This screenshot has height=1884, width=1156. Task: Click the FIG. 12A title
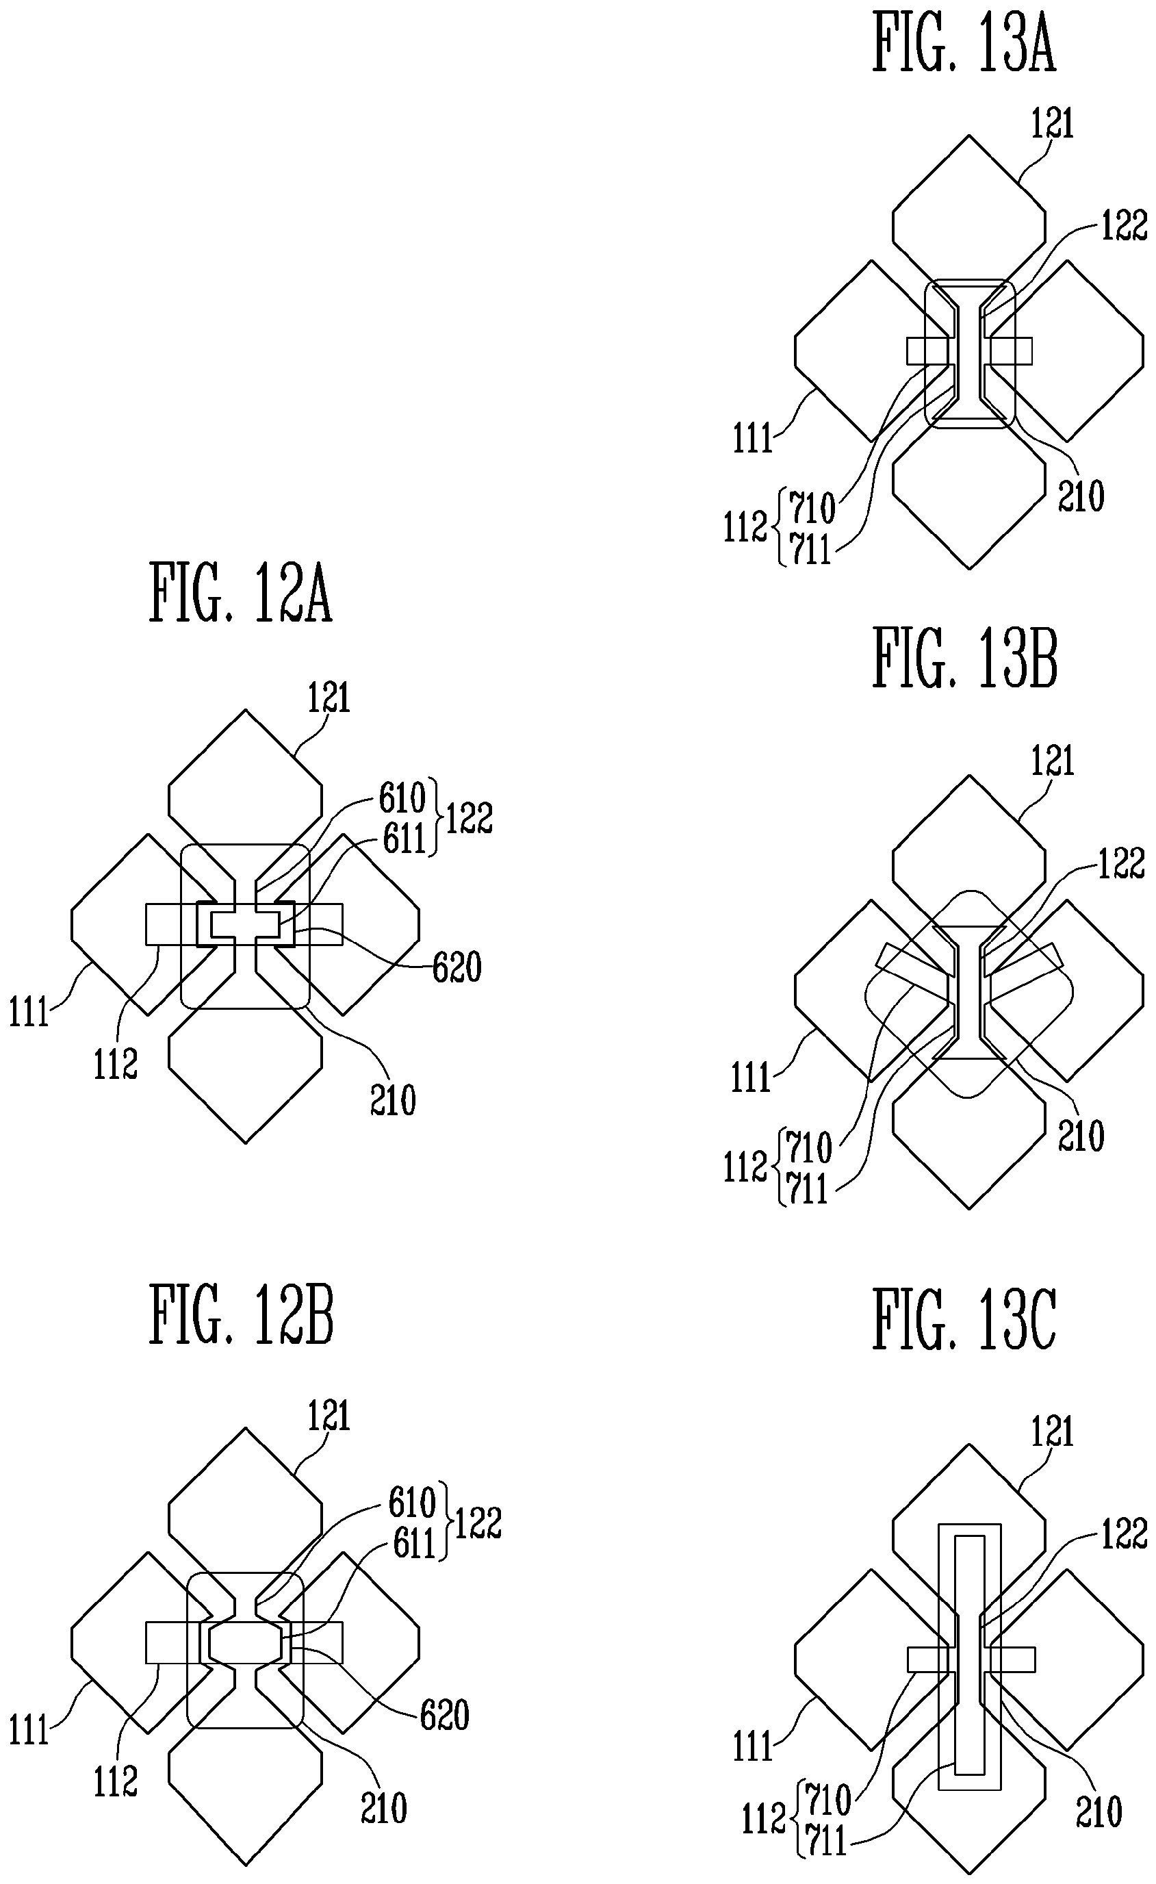tap(241, 593)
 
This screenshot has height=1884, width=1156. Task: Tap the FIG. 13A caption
tap(964, 44)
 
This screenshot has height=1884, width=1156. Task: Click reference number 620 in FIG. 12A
tap(457, 967)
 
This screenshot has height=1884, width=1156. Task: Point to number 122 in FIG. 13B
tap(1122, 864)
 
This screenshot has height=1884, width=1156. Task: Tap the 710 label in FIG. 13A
tap(812, 507)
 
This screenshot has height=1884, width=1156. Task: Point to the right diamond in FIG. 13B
tap(1079, 990)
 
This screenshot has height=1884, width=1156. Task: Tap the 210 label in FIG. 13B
tap(1081, 1136)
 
